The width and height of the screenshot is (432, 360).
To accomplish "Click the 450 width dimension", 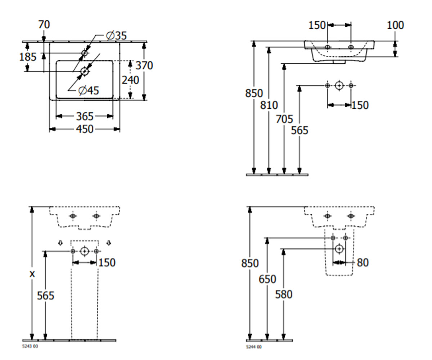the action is (85, 129).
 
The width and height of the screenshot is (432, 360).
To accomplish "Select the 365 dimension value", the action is (85, 116).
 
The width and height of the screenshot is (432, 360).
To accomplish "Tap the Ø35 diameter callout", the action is (116, 36).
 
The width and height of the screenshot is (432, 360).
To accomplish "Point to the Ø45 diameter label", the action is (89, 91).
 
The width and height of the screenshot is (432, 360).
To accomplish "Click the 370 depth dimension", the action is (144, 66).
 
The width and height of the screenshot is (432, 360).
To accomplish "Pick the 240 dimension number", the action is (130, 80).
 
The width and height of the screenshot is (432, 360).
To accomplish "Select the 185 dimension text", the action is (28, 57).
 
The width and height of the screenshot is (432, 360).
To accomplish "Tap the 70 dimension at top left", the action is (44, 24).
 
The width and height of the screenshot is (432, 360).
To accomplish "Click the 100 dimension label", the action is (395, 25).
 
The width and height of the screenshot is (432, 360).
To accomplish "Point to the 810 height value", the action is (269, 105).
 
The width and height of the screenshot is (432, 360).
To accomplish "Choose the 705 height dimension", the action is (284, 119).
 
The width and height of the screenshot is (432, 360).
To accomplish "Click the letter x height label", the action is (32, 274).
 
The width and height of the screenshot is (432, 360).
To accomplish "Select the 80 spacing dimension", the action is (363, 262).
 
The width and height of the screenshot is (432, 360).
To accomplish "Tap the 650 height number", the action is (267, 279).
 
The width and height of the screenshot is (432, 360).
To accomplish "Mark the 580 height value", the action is (284, 294).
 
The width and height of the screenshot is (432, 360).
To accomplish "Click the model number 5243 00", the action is (30, 346).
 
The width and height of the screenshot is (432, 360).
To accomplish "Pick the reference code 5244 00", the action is (254, 347).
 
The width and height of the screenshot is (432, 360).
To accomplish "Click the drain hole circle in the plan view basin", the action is (84, 72).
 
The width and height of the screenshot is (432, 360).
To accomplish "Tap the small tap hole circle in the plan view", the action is (84, 53).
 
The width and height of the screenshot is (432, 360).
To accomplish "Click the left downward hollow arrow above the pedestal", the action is (60, 243).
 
